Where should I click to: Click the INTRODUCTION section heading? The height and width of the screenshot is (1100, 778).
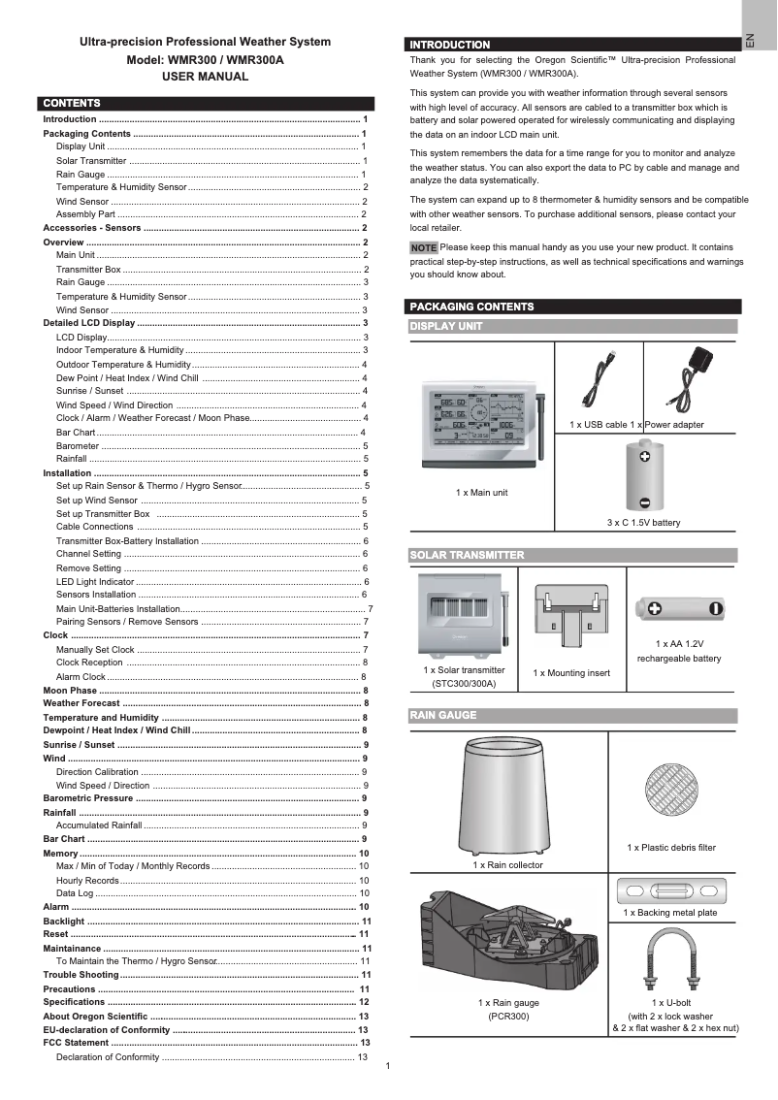[450, 45]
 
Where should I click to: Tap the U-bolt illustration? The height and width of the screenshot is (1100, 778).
[667, 955]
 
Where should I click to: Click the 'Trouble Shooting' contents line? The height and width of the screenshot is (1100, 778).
[81, 974]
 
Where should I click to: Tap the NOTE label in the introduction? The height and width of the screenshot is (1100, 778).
[424, 248]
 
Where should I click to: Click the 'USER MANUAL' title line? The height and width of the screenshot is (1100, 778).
[205, 77]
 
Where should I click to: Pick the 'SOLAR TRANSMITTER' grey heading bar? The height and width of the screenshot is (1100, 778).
[572, 556]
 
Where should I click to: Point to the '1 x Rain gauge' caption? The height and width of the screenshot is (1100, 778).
[508, 1002]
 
